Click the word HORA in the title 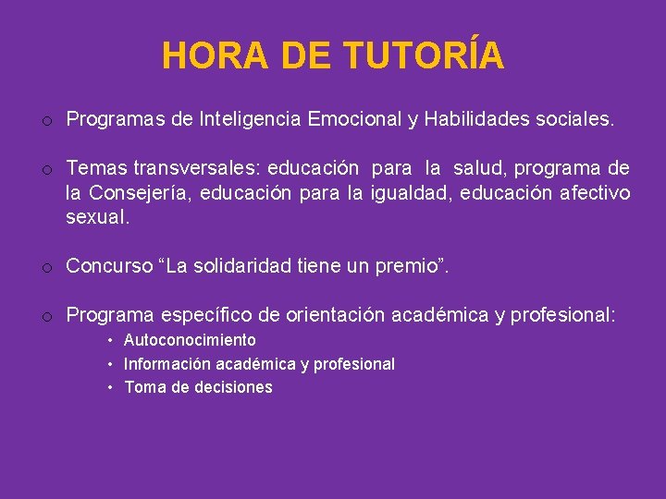214,55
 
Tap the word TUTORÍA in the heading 424,55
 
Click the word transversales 192,168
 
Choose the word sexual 95,218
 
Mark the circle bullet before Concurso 45,268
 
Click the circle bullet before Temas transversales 45,169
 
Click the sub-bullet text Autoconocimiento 190,340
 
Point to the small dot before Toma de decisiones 110,388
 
